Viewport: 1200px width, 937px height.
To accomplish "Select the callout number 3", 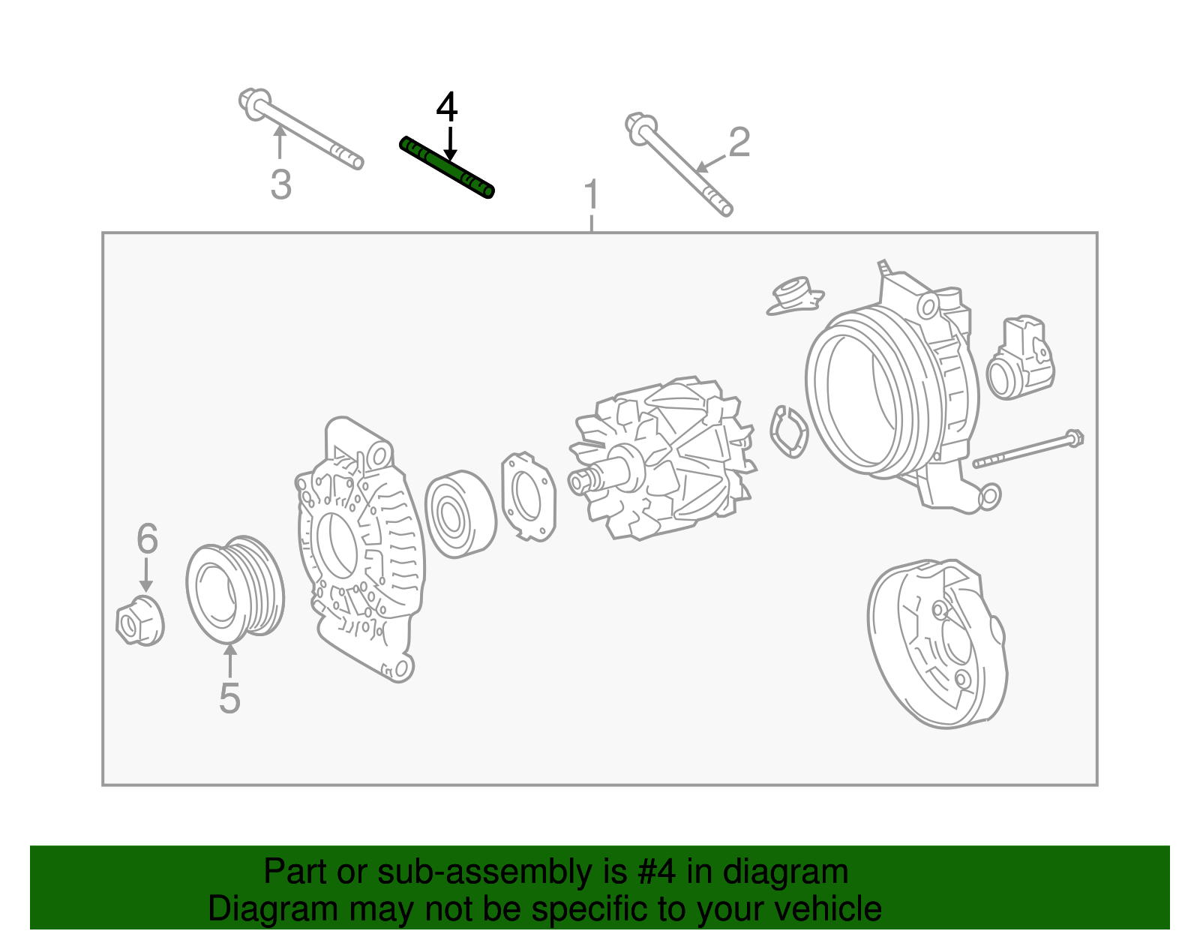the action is [x=281, y=185].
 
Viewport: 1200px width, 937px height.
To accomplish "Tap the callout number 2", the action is [x=739, y=142].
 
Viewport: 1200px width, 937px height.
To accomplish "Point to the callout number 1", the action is [x=592, y=194].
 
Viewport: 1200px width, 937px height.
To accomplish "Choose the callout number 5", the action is [x=229, y=698].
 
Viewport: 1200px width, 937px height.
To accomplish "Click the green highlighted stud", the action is [x=447, y=167].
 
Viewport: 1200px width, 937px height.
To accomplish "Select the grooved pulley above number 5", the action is [x=235, y=589].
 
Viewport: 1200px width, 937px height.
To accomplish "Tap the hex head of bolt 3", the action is [x=254, y=104].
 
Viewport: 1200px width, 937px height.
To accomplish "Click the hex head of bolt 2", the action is [x=641, y=130].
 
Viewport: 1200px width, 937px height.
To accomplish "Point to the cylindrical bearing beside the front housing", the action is [x=460, y=514].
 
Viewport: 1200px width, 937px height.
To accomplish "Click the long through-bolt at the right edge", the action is [x=1027, y=449].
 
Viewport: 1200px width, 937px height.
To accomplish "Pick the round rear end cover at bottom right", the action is [x=937, y=643].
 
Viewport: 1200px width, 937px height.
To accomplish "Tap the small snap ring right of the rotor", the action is [x=788, y=432].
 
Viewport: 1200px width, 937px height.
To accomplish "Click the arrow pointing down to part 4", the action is [x=451, y=143].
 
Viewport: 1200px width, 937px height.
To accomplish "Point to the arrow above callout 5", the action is [x=229, y=660].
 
